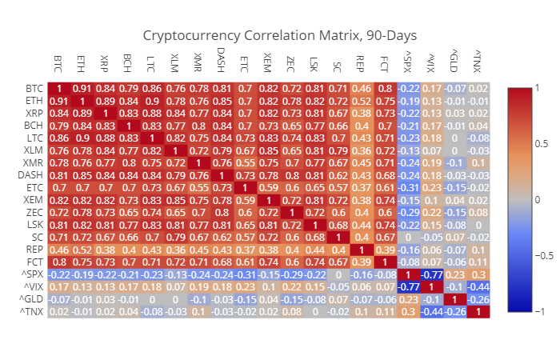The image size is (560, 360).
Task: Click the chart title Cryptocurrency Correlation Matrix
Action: pyautogui.click(x=280, y=36)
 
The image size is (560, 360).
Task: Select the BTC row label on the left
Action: pyautogui.click(x=34, y=88)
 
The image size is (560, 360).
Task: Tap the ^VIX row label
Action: pyautogui.click(x=31, y=287)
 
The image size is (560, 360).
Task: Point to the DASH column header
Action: pyautogui.click(x=221, y=62)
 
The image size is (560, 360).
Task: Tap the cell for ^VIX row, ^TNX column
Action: pyautogui.click(x=478, y=287)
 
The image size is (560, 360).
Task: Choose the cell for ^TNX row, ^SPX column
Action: pyautogui.click(x=407, y=311)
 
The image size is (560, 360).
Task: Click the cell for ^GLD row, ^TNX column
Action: pyautogui.click(x=478, y=299)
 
